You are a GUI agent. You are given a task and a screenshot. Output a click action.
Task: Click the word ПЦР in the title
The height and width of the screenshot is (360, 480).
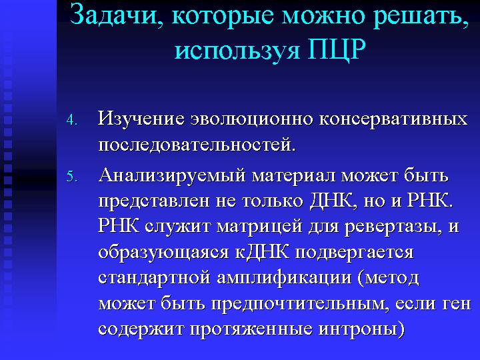[x=336, y=49]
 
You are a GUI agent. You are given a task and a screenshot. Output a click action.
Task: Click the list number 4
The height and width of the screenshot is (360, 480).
[x=71, y=120]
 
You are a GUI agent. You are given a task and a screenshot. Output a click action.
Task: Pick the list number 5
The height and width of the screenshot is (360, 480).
[x=71, y=177]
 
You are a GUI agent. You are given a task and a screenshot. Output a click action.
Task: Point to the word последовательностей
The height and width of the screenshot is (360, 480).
[x=197, y=145]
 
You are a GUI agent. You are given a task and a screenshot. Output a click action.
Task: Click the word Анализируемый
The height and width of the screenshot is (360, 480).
[x=172, y=176]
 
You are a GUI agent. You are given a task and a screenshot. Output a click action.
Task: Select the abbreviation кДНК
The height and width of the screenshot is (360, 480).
[x=262, y=252]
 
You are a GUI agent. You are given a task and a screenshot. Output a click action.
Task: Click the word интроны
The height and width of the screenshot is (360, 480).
[x=361, y=329]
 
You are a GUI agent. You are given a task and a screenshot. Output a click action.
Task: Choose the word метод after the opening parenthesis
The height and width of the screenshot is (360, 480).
[x=392, y=278]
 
